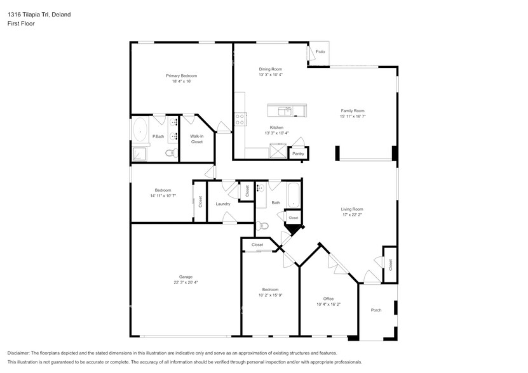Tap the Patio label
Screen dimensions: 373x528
[x=320, y=51]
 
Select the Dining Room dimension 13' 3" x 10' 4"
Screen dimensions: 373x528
[x=270, y=75]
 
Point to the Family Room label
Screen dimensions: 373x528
[x=353, y=110]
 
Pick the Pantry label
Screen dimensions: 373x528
[x=297, y=154]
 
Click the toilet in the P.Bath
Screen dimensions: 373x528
[x=170, y=152]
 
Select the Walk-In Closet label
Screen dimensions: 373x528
[x=197, y=139]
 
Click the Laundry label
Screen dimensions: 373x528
[x=222, y=204]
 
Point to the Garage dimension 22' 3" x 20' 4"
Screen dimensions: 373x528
[x=185, y=282]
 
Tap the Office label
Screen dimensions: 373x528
[x=328, y=299]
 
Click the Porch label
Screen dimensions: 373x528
[x=376, y=310]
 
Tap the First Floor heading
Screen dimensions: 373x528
[x=22, y=23]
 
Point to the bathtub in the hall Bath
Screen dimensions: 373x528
[x=293, y=195]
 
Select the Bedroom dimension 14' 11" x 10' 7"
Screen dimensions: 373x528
[x=163, y=196]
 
